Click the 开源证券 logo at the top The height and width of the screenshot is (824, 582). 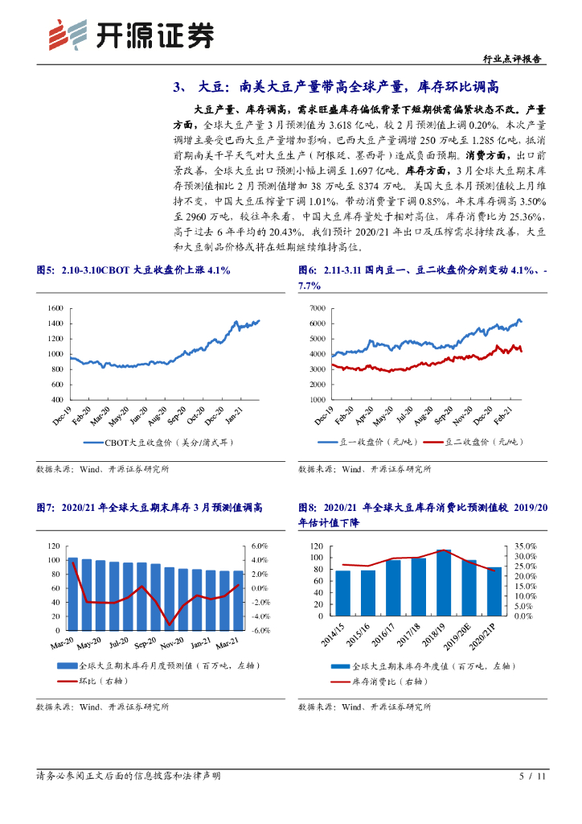point(132,34)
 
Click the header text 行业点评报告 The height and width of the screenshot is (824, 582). point(514,59)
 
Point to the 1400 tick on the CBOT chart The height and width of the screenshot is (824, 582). point(55,323)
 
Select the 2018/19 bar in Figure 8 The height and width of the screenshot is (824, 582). point(444,583)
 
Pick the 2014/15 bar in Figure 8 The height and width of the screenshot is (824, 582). point(343,592)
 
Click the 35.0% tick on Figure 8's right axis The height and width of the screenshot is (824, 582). point(524,546)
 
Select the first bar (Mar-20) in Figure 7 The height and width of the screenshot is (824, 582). point(73,593)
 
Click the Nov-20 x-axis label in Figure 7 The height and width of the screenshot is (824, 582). point(171,645)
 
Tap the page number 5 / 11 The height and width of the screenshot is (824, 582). point(533,777)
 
